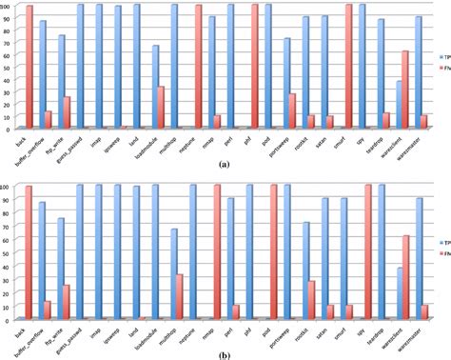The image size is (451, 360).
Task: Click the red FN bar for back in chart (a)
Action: coord(29,67)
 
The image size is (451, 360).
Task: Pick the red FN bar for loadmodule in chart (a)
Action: coord(161,108)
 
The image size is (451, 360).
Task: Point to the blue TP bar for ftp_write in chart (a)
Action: coord(62,82)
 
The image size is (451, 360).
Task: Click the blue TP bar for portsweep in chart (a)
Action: coord(260,84)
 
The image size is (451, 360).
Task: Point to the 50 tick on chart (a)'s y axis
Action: coord(7,67)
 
